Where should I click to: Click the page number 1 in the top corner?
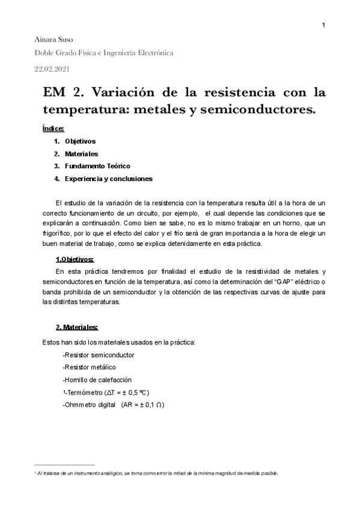pyautogui.click(x=324, y=25)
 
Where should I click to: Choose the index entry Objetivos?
pyautogui.click(x=80, y=141)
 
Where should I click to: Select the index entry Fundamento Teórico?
pyautogui.click(x=97, y=166)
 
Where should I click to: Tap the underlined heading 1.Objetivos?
pyautogui.click(x=75, y=259)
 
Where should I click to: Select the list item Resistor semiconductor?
pyautogui.click(x=99, y=355)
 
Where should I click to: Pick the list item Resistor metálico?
pyautogui.click(x=90, y=367)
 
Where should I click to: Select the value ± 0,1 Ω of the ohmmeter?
pyautogui.click(x=148, y=405)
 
